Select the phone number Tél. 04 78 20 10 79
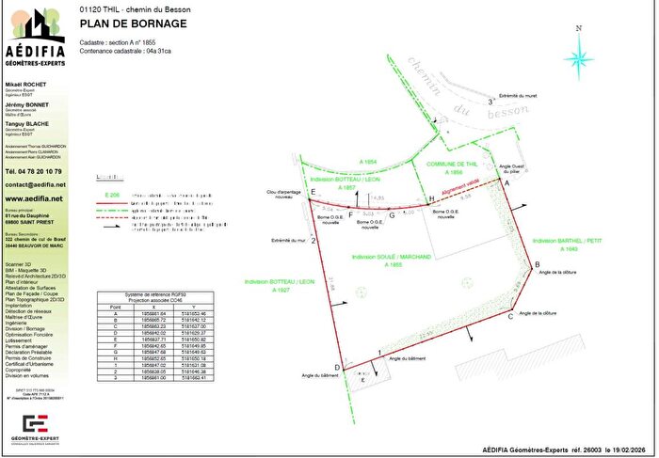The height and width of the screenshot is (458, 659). pyautogui.click(x=34, y=172)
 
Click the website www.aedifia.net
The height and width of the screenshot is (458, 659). pyautogui.click(x=34, y=199)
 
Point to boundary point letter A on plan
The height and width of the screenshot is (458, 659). pyautogui.click(x=509, y=184)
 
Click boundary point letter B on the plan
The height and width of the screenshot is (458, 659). pyautogui.click(x=537, y=264)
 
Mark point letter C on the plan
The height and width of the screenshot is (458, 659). pyautogui.click(x=510, y=317)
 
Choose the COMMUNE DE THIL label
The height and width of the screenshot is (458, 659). pyautogui.click(x=456, y=166)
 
